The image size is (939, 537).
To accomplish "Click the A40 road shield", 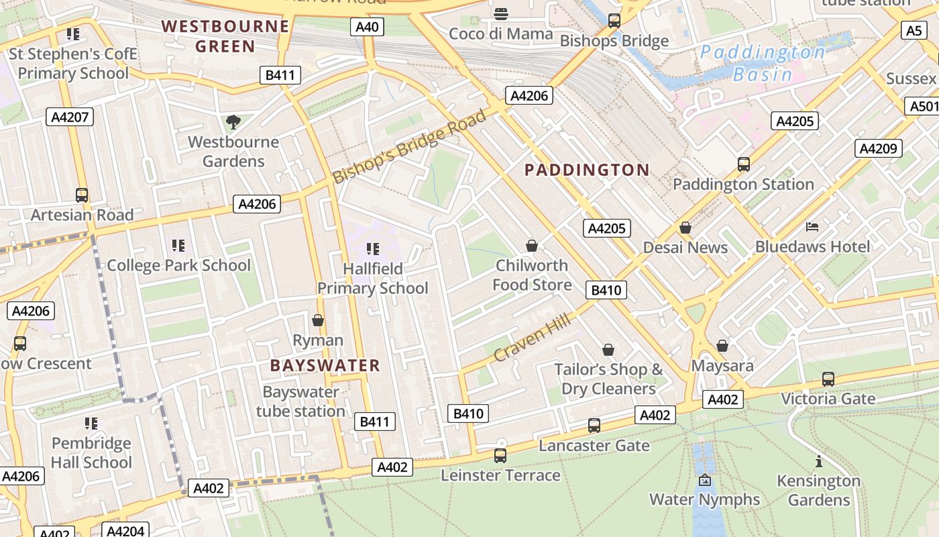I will click(367, 28).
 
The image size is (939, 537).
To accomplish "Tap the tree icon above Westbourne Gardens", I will click(233, 122).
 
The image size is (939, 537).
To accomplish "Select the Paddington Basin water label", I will click(763, 63).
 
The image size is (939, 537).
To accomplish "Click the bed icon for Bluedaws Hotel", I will click(812, 227).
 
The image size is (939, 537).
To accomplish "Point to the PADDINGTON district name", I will click(587, 170).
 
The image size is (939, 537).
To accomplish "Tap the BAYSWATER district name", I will click(325, 366).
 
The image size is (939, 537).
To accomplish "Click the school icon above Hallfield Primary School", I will click(373, 249).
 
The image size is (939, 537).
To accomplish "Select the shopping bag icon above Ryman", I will click(318, 320).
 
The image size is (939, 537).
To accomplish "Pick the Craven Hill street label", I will click(533, 338).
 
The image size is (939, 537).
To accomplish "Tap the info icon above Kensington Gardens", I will click(818, 461).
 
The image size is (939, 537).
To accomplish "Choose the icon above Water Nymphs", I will click(704, 480).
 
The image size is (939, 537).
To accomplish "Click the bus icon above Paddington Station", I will click(743, 164).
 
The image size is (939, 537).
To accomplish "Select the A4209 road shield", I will click(878, 148).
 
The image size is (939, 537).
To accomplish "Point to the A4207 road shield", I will click(70, 117).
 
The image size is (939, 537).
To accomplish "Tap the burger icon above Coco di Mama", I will click(500, 14).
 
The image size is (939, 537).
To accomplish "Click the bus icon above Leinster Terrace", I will click(500, 456).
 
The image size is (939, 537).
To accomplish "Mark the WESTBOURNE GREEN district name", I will click(225, 36).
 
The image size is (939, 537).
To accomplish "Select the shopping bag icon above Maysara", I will click(722, 346).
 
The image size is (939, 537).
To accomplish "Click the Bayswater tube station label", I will click(300, 401).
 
